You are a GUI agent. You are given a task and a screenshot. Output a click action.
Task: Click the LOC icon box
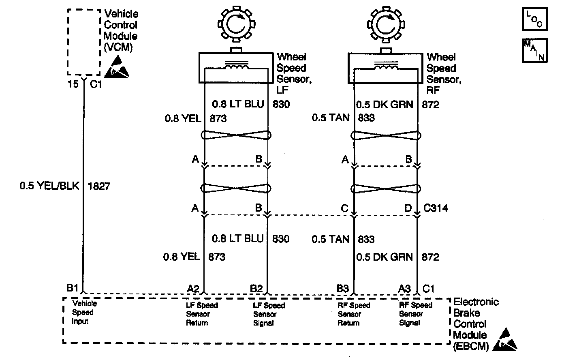pos(534,19)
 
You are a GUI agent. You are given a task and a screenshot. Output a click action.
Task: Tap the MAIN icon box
pos(534,50)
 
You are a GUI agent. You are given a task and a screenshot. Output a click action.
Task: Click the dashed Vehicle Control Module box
pos(84,42)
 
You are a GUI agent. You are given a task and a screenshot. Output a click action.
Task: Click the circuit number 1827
pos(99,186)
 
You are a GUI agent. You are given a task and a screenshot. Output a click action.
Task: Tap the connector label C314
pos(436,209)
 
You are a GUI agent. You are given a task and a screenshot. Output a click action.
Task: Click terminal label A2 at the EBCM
pos(193,289)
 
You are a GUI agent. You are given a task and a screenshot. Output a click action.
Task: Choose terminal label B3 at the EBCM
pos(342,289)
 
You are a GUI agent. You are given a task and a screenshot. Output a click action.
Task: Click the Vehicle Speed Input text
pos(84,313)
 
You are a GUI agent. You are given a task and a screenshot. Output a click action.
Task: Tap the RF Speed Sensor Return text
pos(354,314)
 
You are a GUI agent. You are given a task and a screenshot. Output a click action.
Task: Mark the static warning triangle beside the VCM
pos(118,67)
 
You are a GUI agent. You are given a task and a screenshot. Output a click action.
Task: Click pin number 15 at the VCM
pos(73,84)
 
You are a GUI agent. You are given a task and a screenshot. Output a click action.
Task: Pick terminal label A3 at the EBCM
pos(404,289)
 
